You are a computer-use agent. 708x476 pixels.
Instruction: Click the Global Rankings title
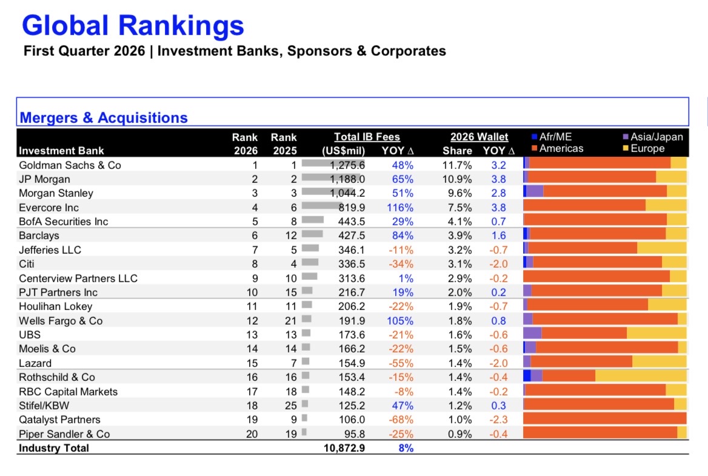coord(133,25)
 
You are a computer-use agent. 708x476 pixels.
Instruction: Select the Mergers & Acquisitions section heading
coord(104,117)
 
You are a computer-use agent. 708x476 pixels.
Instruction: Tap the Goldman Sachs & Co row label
coord(70,165)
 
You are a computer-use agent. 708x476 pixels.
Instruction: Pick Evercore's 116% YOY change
coord(400,208)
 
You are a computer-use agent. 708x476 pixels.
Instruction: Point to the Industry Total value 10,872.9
coord(344,448)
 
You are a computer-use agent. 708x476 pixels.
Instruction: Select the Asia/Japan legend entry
coord(653,137)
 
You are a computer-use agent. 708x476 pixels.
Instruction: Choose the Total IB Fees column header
coord(367,137)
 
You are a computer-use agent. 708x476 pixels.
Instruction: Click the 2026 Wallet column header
coord(479,137)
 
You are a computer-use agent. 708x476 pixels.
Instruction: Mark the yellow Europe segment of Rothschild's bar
coord(641,376)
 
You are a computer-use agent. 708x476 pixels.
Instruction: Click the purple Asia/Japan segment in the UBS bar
coord(532,333)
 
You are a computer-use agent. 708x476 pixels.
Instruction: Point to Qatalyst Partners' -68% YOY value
coord(401,420)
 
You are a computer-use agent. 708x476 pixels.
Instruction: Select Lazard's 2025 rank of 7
coord(293,363)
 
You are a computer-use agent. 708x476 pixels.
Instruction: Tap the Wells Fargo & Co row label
coord(61,321)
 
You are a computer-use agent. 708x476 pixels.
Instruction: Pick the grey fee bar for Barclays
coord(312,234)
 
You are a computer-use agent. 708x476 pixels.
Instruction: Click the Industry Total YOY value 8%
coord(406,448)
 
